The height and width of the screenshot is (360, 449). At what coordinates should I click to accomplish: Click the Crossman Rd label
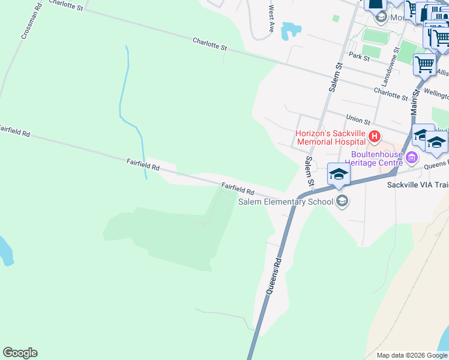(x=31, y=24)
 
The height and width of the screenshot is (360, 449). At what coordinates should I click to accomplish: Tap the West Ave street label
(x=271, y=19)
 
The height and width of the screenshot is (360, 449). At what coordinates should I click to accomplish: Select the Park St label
(x=358, y=56)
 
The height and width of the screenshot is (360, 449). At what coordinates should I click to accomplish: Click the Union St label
(x=357, y=119)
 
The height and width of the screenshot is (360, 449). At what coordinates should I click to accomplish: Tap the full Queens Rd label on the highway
(x=273, y=276)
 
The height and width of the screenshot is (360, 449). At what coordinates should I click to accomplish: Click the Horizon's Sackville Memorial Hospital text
(x=330, y=137)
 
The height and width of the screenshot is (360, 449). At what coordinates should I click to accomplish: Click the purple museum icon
(x=411, y=158)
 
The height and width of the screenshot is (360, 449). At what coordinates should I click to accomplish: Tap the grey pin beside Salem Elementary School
(x=342, y=201)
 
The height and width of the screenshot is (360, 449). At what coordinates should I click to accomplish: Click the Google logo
(x=20, y=353)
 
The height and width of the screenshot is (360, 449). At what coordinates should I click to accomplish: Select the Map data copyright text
(x=412, y=355)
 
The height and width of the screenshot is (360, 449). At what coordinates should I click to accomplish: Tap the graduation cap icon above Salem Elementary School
(x=338, y=174)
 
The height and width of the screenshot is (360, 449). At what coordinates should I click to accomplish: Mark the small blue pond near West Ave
(x=291, y=29)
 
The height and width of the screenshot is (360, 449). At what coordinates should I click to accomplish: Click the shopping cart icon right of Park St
(x=424, y=64)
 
